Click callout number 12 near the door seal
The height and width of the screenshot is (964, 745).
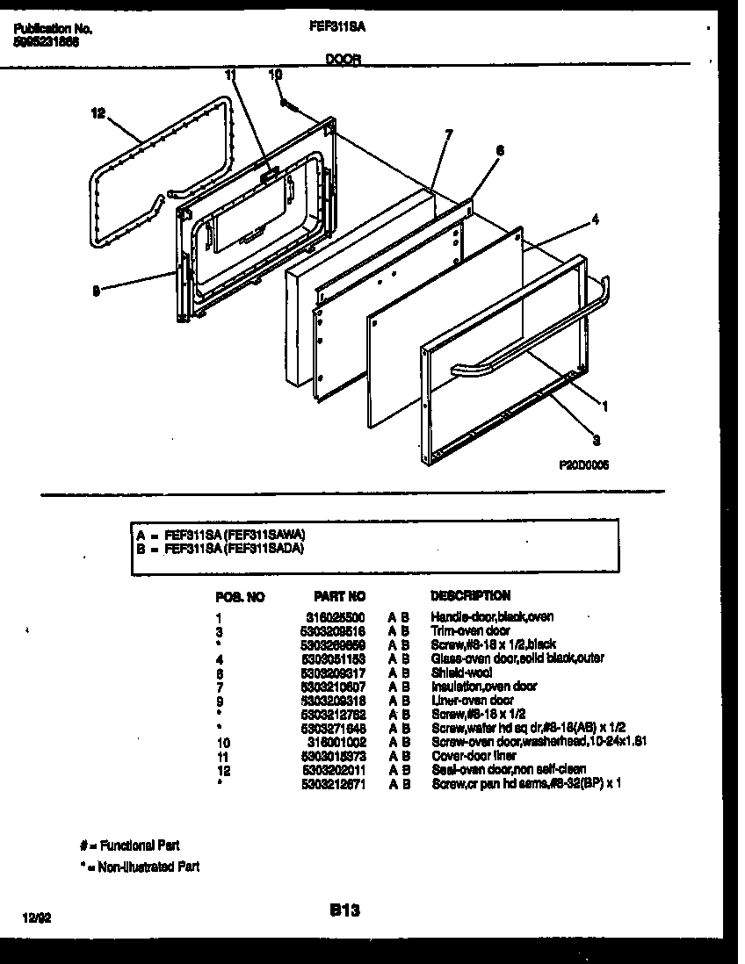click(98, 113)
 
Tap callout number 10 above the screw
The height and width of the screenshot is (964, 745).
click(275, 76)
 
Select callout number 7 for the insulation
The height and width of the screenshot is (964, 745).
click(448, 134)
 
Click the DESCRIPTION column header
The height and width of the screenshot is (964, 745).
click(470, 595)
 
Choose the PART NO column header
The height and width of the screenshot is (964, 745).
click(339, 595)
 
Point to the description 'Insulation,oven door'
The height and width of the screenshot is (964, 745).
click(484, 687)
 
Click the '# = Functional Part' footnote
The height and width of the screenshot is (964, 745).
click(129, 845)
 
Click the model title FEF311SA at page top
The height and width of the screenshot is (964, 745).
click(337, 27)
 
